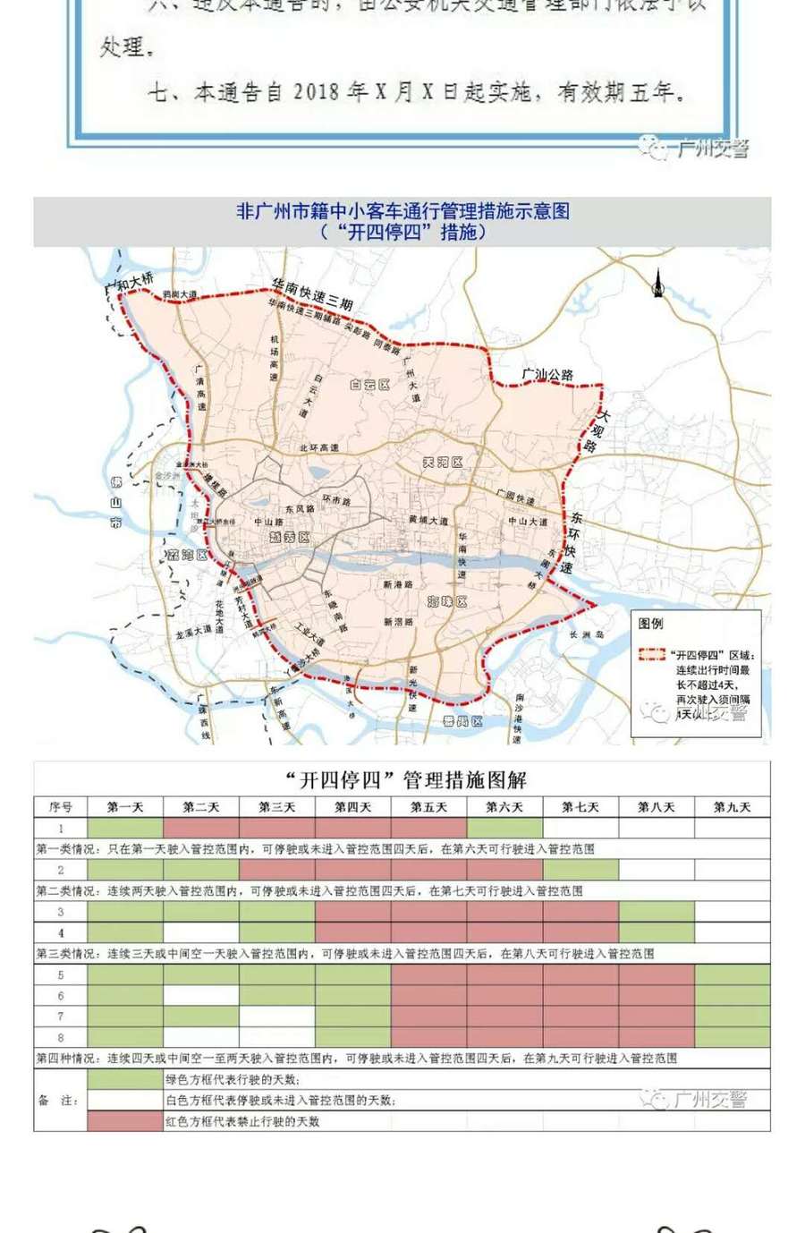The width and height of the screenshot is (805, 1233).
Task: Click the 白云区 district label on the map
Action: [x=369, y=385]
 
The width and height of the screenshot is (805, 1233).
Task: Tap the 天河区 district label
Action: [x=442, y=463]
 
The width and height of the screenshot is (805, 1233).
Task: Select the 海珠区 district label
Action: [x=447, y=601]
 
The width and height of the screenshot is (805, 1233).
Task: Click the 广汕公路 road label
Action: [x=547, y=375]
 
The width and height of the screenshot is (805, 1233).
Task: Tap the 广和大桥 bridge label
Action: [x=129, y=285]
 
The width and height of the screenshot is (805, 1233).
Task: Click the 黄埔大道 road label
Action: [x=428, y=521]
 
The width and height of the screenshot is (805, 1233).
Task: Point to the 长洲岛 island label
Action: [x=587, y=634]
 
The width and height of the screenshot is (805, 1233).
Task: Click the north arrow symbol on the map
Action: [x=658, y=284]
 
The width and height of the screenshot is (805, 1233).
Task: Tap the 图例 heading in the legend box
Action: [x=651, y=624]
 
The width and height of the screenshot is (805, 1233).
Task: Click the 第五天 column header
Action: [x=428, y=807]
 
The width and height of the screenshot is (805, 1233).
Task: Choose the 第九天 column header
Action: [x=732, y=807]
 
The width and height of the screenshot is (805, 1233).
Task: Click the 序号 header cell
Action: [x=61, y=807]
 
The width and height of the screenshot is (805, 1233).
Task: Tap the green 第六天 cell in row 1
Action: [x=504, y=828]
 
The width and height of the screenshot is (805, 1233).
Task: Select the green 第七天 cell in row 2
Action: [x=580, y=870]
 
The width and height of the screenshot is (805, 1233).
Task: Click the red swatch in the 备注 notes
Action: [x=124, y=1121]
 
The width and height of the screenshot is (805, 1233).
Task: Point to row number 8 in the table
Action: [x=61, y=1038]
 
